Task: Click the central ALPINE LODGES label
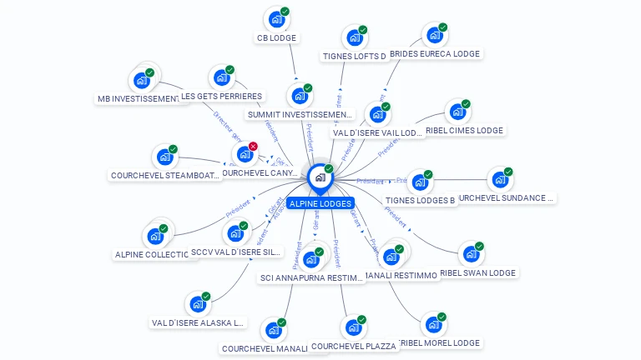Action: coord(320,203)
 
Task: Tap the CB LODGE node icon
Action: coord(276,19)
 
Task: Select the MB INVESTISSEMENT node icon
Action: coord(141,81)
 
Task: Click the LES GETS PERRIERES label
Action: coord(221,97)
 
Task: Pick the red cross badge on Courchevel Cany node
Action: coord(253,146)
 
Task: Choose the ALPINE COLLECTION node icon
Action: coord(155,236)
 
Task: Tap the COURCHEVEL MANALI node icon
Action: coord(273,330)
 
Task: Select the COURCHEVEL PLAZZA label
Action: coord(354,347)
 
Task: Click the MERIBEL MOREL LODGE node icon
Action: coord(433,324)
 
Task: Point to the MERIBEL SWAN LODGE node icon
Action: coord(472,253)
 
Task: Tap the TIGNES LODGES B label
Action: coord(421,201)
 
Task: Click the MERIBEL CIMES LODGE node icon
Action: coord(457,112)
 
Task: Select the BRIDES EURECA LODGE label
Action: coord(435,53)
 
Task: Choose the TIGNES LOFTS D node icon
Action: coord(355,37)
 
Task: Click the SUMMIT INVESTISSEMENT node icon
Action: coord(299,96)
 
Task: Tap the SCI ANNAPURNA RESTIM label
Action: coord(313,278)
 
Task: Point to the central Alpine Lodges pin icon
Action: coord(320,177)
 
